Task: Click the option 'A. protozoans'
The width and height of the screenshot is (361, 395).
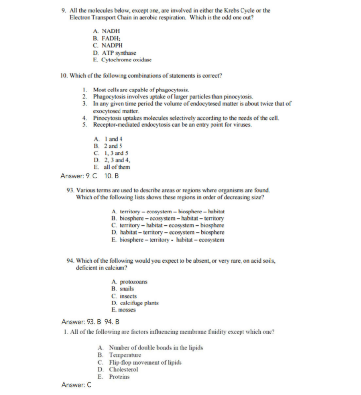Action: (x=129, y=282)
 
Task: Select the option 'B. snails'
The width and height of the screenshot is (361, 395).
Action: (x=122, y=289)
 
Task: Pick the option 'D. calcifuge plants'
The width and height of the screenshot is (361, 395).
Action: (x=135, y=303)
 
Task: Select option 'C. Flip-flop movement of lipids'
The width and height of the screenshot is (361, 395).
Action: (x=140, y=362)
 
